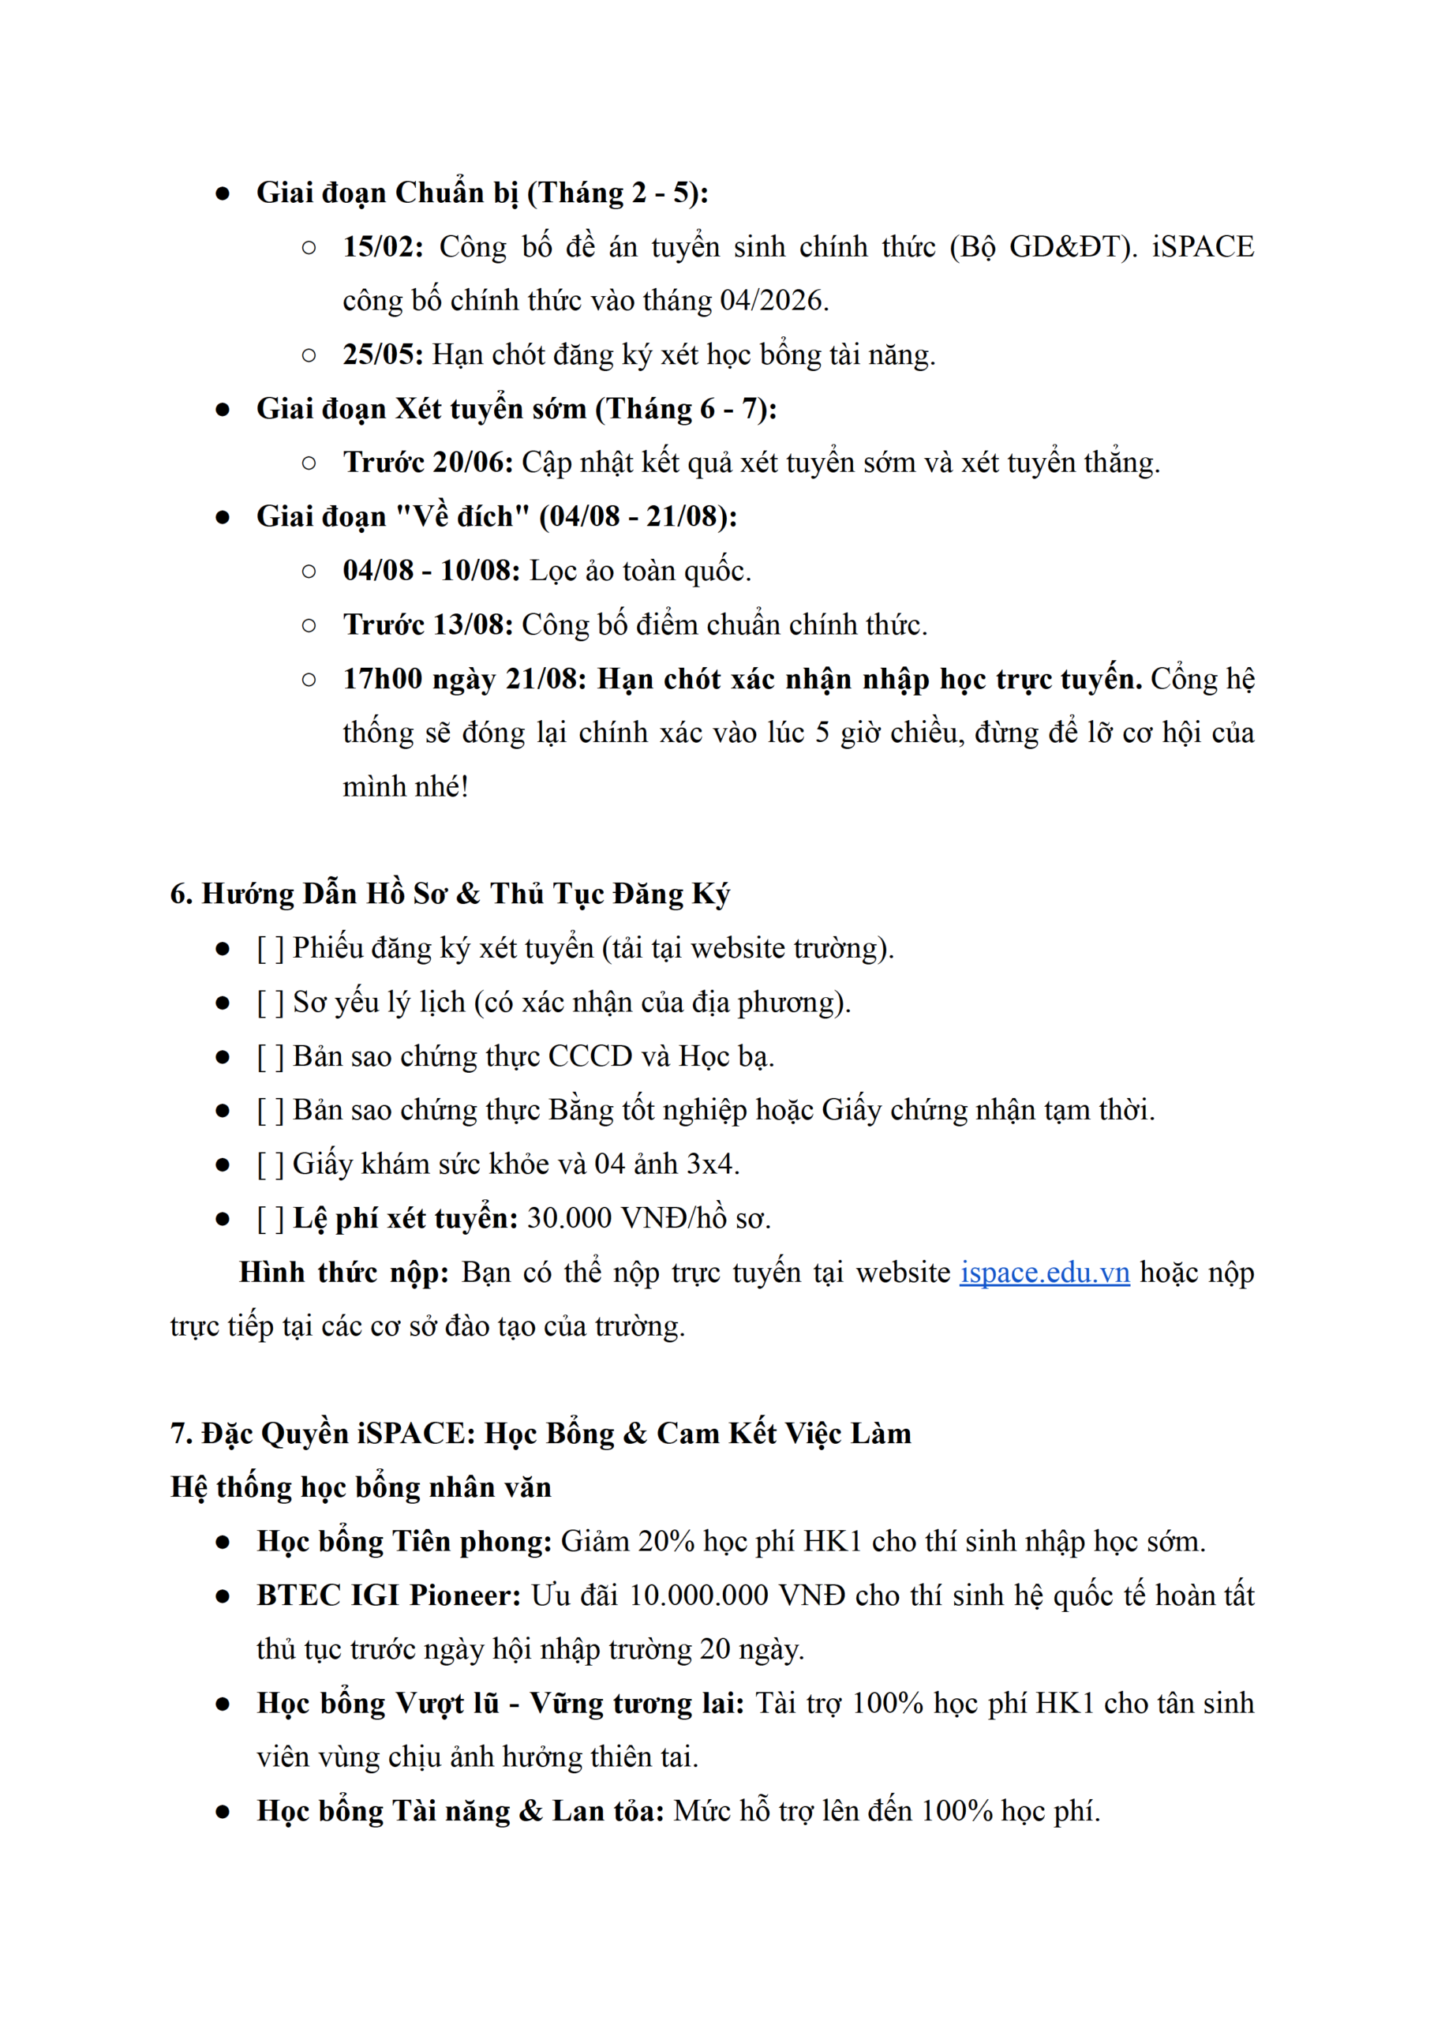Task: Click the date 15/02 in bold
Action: tap(381, 246)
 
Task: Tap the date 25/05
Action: tap(382, 355)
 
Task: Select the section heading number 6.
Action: tap(180, 894)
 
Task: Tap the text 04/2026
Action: tap(771, 301)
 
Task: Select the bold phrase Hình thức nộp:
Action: tap(343, 1273)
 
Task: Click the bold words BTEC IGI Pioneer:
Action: tap(388, 1595)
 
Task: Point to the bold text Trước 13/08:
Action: tap(428, 625)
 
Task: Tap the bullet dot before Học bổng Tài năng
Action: tap(223, 1813)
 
